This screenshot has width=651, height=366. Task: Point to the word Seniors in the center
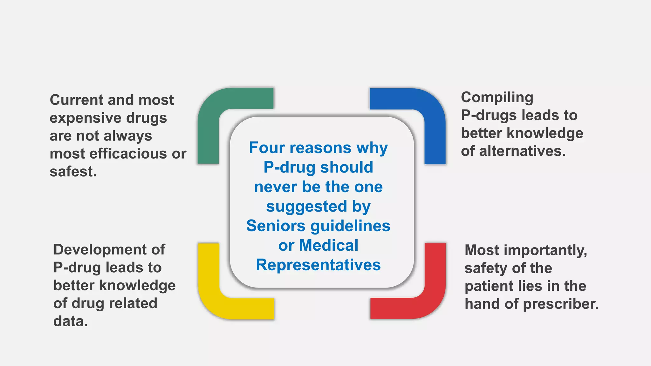[276, 226]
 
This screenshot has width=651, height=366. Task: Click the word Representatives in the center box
[318, 265]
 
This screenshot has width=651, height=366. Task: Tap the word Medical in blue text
[329, 246]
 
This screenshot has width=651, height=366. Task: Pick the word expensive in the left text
[86, 118]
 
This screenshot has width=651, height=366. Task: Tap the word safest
[73, 172]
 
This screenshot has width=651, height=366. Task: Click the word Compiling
[497, 98]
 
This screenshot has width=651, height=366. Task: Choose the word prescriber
[561, 304]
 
